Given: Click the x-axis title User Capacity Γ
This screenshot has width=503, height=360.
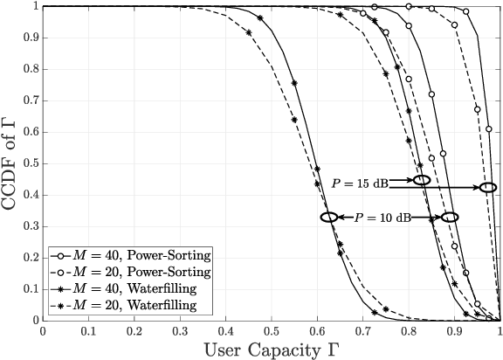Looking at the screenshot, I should pos(271,349).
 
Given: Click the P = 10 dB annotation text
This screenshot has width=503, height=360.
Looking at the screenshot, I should pos(386,217).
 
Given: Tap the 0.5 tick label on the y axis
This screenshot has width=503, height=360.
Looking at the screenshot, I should pos(30,163).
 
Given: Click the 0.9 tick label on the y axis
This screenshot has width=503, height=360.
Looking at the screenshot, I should pos(30,37).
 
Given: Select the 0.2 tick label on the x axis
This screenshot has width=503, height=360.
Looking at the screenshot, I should pos(134,331).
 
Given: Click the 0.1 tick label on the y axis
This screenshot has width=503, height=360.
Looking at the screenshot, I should pos(30,288).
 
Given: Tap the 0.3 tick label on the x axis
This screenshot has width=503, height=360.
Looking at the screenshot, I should pos(179,331).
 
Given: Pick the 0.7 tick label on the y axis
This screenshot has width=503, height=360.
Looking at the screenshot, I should pos(30,100).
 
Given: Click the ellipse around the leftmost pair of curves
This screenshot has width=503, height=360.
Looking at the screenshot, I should pos(328,217).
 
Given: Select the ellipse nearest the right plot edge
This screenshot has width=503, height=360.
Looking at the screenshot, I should pos(488,187).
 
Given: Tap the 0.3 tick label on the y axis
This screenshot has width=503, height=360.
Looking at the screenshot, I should pos(30,225).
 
